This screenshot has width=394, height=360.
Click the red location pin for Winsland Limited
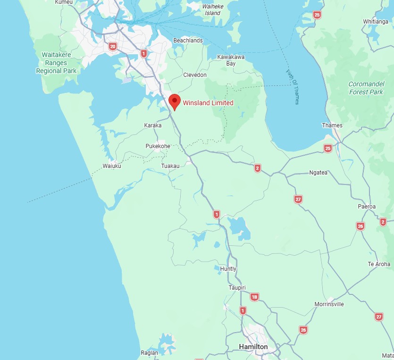(x=175, y=101)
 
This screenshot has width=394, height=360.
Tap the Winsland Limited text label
(x=208, y=103)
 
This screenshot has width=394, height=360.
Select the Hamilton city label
(x=253, y=347)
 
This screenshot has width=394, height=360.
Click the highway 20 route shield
(x=112, y=46)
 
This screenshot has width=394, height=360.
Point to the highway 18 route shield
(x=254, y=297)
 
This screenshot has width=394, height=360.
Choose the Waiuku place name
(x=112, y=166)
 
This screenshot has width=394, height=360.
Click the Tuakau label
(x=170, y=166)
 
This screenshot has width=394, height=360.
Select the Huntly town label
(x=228, y=269)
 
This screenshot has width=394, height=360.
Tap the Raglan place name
(x=149, y=352)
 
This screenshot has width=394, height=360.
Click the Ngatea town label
(x=318, y=173)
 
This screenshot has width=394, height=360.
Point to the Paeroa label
(x=367, y=207)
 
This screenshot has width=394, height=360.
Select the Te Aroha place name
(x=379, y=264)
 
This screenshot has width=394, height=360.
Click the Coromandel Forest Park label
(x=366, y=88)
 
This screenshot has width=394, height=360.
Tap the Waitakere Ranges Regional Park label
(x=56, y=63)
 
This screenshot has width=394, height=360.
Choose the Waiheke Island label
(x=213, y=10)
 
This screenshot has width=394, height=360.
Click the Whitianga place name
(x=376, y=22)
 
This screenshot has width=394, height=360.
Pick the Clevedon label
(x=194, y=75)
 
